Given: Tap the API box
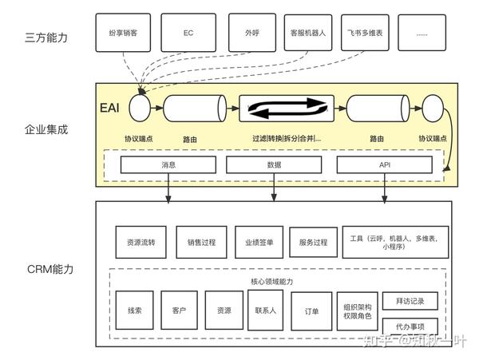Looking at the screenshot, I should point(384,165).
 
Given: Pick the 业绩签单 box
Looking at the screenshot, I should point(259,242).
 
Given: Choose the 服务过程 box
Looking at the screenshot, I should point(312,242).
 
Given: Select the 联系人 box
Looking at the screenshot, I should point(266,309).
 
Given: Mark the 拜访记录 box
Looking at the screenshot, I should point(410,301).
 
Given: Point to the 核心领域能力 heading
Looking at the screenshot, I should point(266,282).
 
